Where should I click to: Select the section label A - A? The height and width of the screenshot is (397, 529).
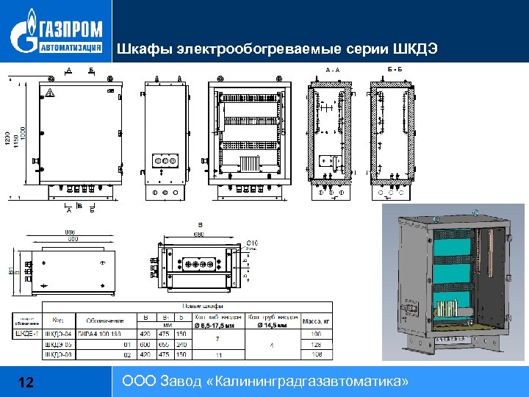[332, 70]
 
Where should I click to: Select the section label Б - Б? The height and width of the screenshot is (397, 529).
[394, 68]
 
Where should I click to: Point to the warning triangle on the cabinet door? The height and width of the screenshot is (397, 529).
[51, 93]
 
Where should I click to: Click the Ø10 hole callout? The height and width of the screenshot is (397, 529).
[252, 243]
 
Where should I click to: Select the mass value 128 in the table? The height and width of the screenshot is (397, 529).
[316, 344]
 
